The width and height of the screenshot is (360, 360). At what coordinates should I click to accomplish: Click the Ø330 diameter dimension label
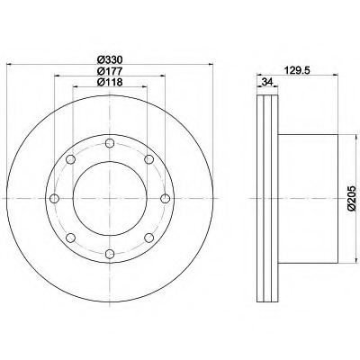pos(109,59)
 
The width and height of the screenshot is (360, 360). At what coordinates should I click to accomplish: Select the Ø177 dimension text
pos(109,73)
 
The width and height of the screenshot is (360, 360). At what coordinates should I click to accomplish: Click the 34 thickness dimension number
pos(267,84)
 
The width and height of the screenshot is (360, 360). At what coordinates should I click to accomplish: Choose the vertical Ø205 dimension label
pos(352,197)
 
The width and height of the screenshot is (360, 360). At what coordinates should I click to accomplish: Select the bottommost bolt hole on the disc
pos(109,255)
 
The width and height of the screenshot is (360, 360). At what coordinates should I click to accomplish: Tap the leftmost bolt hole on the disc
pos(53,199)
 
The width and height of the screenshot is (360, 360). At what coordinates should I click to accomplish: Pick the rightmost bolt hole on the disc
pos(166,199)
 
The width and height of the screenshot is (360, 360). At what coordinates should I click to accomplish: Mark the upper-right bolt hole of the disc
pos(148,159)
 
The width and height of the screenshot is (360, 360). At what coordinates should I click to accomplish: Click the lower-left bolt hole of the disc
pos(69,238)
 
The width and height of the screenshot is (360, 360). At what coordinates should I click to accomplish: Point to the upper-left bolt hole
pos(69,159)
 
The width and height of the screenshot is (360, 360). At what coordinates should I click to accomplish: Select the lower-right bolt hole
pos(148,238)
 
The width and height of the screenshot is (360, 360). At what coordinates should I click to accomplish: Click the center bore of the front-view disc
pos(109,199)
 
